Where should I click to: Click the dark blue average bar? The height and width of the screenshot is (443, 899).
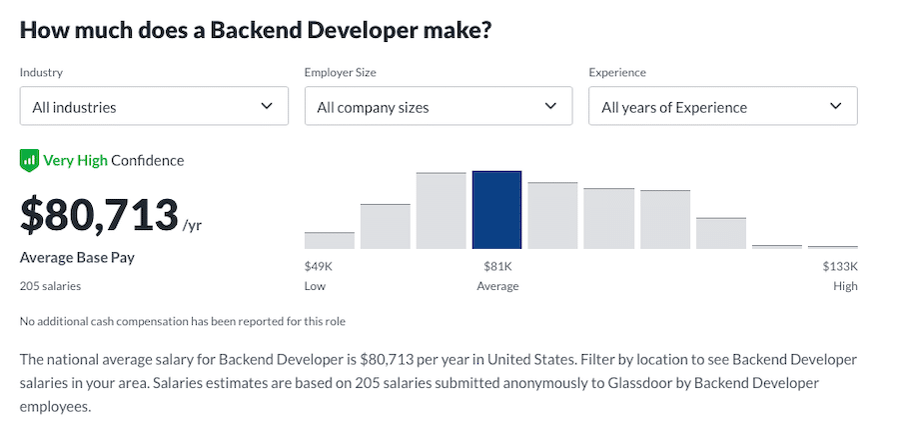pos(496,210)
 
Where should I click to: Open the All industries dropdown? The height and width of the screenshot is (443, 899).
pos(154,106)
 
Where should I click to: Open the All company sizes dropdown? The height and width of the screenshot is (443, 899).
pos(438,106)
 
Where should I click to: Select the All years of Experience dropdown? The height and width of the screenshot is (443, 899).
pos(722,106)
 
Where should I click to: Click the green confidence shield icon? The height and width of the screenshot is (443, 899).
pos(29,160)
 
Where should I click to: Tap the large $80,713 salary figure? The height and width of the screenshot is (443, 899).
pos(99,214)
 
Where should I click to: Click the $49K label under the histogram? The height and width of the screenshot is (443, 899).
pos(318,266)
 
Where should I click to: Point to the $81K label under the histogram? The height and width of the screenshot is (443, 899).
pos(497,266)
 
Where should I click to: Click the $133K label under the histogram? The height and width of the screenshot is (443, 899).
pos(840,266)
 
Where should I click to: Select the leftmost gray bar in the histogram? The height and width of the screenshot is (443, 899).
pos(330,240)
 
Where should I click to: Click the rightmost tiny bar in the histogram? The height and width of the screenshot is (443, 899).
pos(833,246)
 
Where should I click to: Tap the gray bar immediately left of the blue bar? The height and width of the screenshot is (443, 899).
pos(442,211)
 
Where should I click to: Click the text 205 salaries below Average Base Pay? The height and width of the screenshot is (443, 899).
pos(50,286)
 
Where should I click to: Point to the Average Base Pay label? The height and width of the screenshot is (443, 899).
pos(77,258)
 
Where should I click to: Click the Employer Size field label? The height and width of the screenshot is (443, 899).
pos(340,73)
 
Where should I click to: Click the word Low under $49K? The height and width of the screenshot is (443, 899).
pos(315,286)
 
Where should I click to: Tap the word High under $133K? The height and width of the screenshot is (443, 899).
pos(845,286)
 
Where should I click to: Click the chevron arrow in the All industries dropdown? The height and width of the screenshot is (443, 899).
pos(267,106)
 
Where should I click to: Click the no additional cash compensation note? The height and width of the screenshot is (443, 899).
pos(182,321)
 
